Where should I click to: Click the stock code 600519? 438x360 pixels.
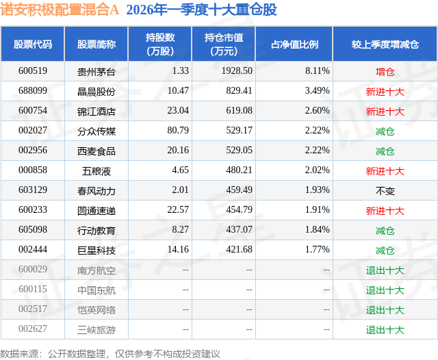[33, 71]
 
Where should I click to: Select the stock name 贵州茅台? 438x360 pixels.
[96, 71]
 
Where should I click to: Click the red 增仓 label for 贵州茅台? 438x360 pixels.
[385, 71]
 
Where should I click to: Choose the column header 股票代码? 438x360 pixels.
[33, 44]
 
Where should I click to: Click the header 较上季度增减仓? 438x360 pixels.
[385, 44]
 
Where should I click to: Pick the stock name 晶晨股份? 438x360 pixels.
[96, 91]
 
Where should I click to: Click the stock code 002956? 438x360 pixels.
[33, 151]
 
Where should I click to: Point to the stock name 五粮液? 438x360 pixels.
[96, 170]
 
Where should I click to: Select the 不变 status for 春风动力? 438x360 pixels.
[385, 190]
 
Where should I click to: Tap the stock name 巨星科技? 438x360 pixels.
[96, 250]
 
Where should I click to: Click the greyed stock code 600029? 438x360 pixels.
[33, 270]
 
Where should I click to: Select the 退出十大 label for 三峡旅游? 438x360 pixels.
[385, 330]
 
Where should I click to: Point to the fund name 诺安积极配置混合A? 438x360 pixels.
[60, 10]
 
